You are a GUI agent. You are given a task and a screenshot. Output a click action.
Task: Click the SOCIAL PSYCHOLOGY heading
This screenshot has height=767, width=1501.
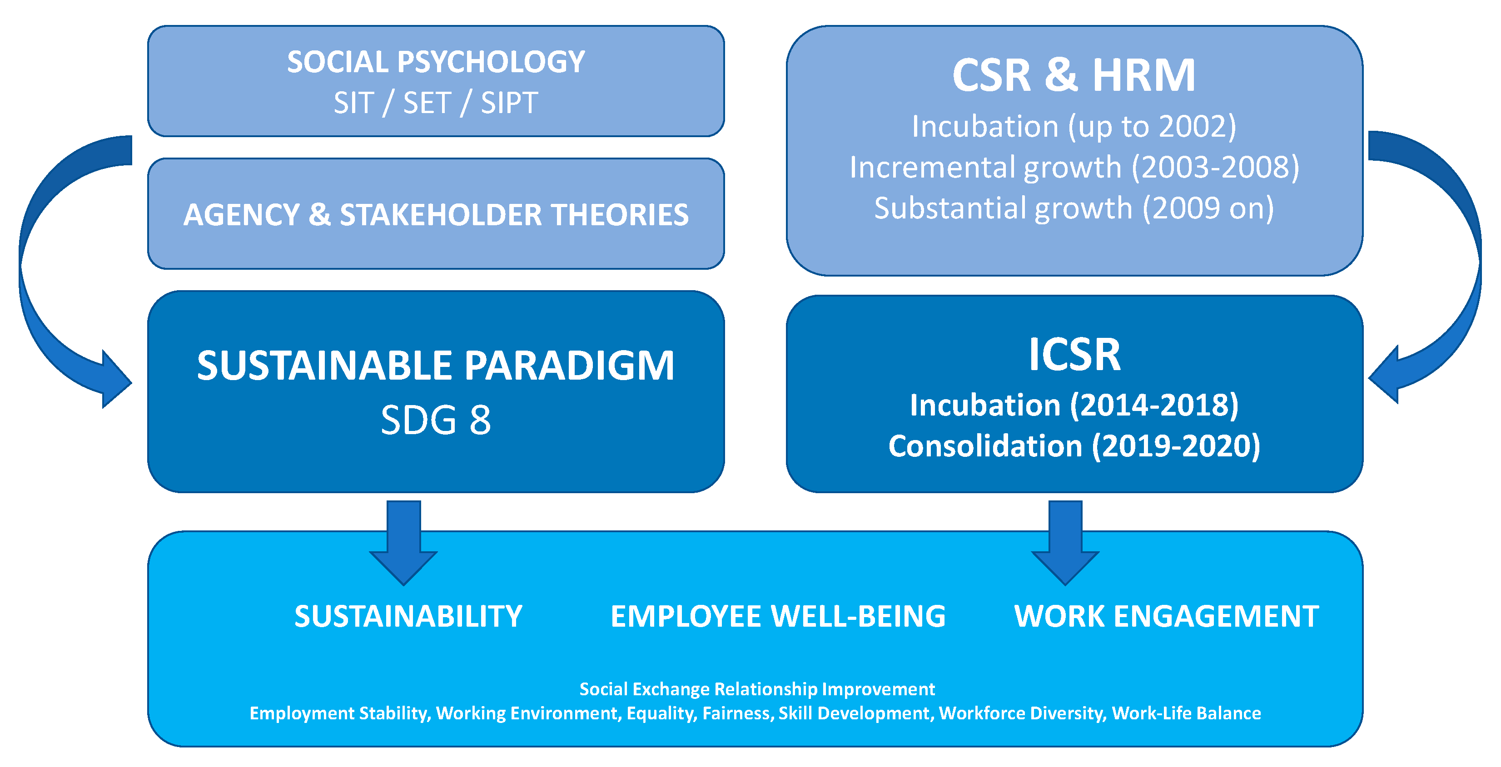pyautogui.click(x=436, y=62)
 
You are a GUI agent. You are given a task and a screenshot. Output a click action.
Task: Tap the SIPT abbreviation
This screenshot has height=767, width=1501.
pyautogui.click(x=509, y=103)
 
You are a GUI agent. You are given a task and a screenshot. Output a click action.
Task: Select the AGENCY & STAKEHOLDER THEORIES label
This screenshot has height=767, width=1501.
pyautogui.click(x=436, y=214)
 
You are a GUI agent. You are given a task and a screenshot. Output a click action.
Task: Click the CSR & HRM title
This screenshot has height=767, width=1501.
pyautogui.click(x=1074, y=76)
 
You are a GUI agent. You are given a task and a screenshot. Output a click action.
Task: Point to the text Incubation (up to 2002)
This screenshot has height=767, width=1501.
pyautogui.click(x=1074, y=126)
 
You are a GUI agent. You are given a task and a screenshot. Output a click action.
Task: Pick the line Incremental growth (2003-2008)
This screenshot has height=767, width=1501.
pyautogui.click(x=1074, y=167)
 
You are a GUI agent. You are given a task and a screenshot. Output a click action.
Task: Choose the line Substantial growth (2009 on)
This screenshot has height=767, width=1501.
pyautogui.click(x=1074, y=208)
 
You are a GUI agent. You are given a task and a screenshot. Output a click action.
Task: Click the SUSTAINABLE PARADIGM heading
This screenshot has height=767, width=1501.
pyautogui.click(x=436, y=366)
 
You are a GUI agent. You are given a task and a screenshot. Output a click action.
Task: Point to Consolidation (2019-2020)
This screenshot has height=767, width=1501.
pyautogui.click(x=1074, y=446)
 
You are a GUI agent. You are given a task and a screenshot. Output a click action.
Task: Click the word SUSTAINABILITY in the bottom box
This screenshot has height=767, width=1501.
pyautogui.click(x=408, y=616)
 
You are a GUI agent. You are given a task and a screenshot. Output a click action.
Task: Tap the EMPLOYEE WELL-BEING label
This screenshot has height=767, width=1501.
pyautogui.click(x=778, y=616)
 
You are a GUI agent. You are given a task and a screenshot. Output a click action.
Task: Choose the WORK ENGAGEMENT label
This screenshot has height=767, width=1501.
pyautogui.click(x=1167, y=616)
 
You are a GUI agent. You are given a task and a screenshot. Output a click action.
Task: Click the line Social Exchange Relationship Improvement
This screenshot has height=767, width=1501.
pyautogui.click(x=756, y=689)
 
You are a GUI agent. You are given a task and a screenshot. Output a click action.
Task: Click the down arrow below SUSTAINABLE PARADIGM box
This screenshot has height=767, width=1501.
pyautogui.click(x=403, y=542)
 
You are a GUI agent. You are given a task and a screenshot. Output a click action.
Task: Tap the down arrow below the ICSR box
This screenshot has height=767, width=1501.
pyautogui.click(x=1065, y=542)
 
